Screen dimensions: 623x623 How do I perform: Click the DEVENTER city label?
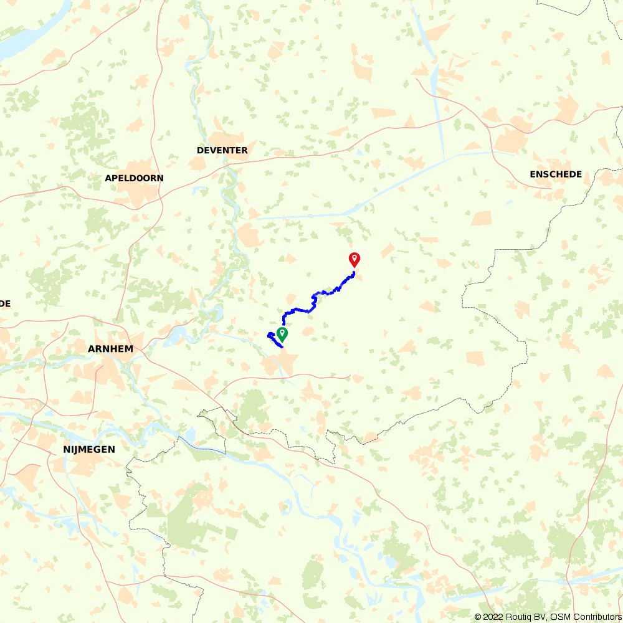pos(222,150)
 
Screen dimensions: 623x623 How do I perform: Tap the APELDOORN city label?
pos(134,178)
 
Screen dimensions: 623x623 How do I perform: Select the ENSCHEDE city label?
pos(556,174)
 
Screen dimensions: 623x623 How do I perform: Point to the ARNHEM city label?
pos(110,349)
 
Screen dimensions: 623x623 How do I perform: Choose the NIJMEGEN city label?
pos(89,449)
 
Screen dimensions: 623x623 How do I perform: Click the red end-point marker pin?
pos(354,259)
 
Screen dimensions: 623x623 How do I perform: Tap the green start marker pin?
pos(282,334)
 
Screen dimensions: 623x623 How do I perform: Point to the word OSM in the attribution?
pos(556,617)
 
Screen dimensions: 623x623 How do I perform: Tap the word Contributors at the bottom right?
pos(594,617)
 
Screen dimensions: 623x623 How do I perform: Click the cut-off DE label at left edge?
pos(5,303)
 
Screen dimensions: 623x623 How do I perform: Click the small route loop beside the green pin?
pos(272,337)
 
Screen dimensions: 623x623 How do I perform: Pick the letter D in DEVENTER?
pos(200,150)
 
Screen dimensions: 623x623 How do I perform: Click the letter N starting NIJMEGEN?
pos(66,449)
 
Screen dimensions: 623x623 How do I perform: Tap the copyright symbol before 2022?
pos(478,617)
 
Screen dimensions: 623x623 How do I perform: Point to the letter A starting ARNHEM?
pos(91,349)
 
